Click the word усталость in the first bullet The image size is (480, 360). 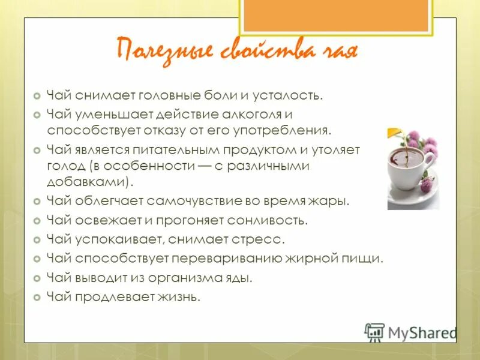287,95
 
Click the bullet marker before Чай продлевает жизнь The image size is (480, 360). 37,298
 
